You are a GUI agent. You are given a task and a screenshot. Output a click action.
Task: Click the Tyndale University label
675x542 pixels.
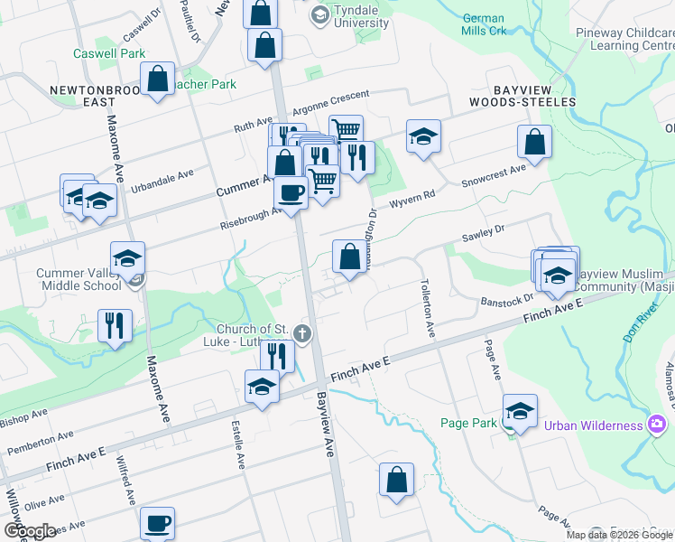(355, 15)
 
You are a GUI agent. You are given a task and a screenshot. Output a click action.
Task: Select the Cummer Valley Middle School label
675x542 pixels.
(78, 279)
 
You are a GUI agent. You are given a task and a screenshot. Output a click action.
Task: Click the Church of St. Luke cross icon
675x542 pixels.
(303, 334)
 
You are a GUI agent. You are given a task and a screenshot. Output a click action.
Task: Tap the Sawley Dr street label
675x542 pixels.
(483, 236)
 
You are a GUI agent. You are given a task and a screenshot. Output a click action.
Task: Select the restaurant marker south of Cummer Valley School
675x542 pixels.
(116, 325)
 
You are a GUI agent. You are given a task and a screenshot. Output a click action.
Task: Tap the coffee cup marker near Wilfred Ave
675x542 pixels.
(157, 522)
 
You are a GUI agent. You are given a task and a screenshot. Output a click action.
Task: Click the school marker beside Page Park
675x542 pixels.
(519, 411)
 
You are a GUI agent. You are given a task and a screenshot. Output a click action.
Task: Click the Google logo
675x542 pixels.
(30, 530)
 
